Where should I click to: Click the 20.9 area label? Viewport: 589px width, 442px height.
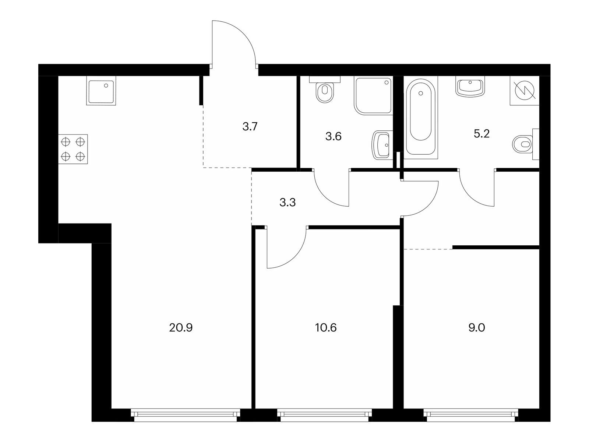[x=181, y=328]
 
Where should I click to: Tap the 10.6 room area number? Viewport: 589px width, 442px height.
[x=326, y=328]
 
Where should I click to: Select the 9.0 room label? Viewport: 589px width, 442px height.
[x=477, y=328]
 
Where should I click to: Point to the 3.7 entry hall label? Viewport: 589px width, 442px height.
[x=250, y=126]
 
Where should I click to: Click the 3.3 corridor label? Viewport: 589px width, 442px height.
[x=288, y=202]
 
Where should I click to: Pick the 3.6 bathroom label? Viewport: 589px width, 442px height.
[x=333, y=137]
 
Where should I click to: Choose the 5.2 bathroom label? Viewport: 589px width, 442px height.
[x=482, y=133]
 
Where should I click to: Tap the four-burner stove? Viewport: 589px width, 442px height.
[x=73, y=149]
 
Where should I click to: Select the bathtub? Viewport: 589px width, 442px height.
[x=420, y=116]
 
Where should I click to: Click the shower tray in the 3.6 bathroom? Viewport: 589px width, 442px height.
[x=373, y=95]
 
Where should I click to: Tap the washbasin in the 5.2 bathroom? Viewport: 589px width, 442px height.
[x=470, y=87]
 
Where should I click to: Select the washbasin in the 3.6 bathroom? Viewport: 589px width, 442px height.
[x=382, y=145]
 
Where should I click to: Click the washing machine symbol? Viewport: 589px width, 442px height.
[x=525, y=91]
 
